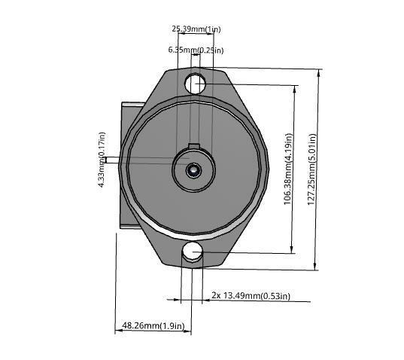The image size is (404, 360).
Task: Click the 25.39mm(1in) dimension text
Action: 196,29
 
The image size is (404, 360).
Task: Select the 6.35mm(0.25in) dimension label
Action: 196,50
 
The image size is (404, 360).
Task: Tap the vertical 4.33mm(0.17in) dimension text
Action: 102,160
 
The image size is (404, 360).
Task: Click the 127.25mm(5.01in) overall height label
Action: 311,169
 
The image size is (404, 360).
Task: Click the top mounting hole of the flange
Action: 196,83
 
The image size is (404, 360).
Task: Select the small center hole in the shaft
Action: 194,171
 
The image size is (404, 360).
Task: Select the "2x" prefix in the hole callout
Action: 216,295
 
